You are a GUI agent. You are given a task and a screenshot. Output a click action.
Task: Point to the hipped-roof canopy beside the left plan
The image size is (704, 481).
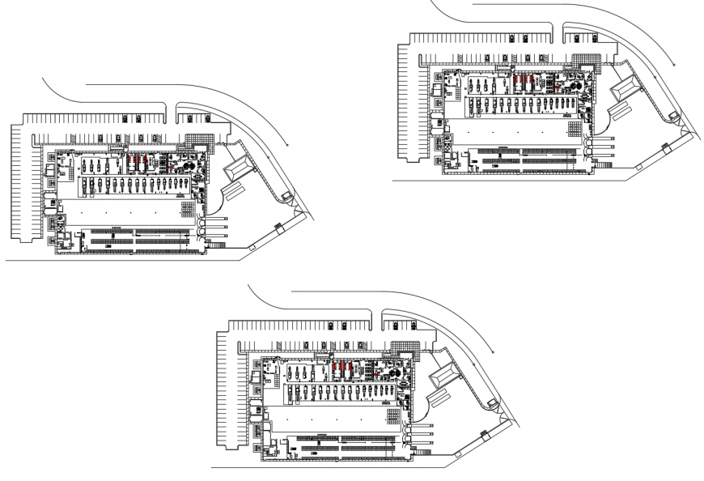click(238, 170)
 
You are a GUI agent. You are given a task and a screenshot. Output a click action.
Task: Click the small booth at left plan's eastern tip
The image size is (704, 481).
click(286, 197)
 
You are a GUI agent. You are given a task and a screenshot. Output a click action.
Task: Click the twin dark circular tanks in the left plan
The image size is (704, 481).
click(189, 167)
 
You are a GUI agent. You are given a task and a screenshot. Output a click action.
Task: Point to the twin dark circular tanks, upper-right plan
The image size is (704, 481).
click(575, 83)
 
